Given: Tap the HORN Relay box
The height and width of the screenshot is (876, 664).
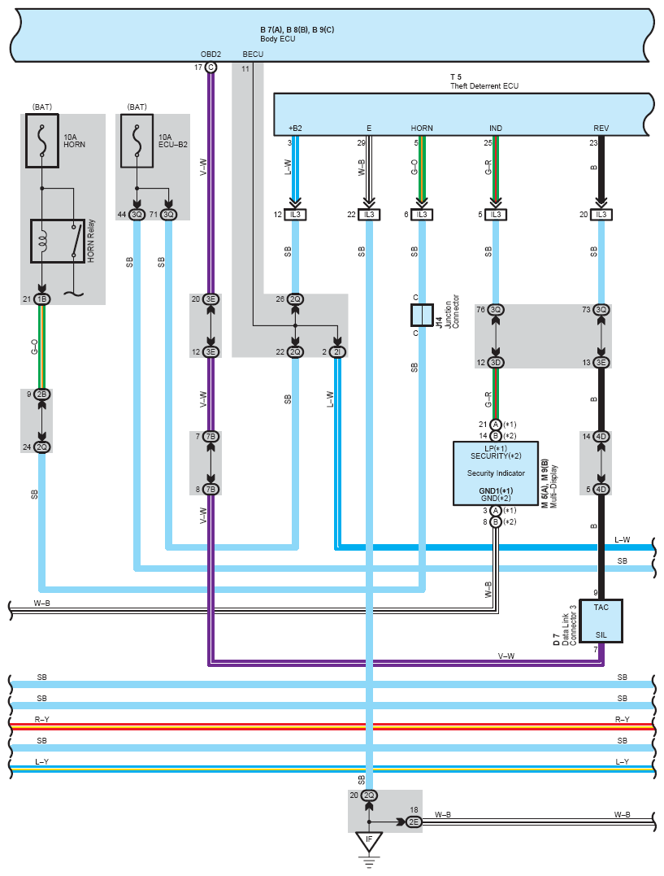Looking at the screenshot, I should [58, 240].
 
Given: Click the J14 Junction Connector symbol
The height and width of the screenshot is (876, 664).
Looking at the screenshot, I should [422, 315].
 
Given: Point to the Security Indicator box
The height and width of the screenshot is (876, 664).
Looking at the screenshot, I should [495, 473].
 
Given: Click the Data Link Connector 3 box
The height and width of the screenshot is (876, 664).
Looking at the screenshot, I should [601, 621].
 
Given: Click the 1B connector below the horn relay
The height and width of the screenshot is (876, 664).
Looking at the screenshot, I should [41, 299].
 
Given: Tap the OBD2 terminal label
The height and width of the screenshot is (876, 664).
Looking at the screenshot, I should [210, 54].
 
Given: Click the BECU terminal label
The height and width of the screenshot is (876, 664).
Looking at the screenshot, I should [253, 54].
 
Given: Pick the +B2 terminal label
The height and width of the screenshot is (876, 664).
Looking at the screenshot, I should [295, 129].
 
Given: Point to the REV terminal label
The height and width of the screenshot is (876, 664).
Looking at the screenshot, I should [601, 129].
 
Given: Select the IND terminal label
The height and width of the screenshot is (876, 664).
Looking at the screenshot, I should [496, 129].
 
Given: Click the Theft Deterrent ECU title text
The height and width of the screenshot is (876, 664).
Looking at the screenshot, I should [484, 85].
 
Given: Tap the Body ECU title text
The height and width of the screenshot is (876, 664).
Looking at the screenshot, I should [277, 38].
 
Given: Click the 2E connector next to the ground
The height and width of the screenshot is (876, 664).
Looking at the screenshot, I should [414, 822].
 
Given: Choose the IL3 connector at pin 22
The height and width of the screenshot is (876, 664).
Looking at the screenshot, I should [369, 215].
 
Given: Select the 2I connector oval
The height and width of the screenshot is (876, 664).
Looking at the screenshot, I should [337, 352].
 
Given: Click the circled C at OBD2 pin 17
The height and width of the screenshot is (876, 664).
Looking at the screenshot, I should [210, 67].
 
